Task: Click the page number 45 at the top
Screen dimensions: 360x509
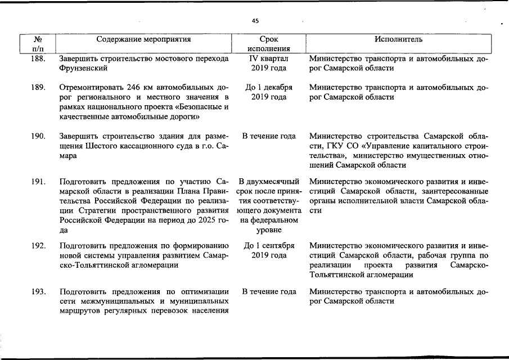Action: [x=255, y=21]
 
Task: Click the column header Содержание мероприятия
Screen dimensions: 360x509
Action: [x=143, y=39]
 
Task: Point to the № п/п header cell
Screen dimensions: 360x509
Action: [x=39, y=44]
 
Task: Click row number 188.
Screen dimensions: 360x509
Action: [x=39, y=58]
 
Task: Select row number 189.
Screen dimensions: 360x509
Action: [x=39, y=88]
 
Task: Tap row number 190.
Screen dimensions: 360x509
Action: [x=39, y=136]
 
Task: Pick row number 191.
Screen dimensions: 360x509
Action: [x=39, y=182]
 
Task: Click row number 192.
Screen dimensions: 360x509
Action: [x=39, y=246]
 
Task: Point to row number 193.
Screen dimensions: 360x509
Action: [x=39, y=291]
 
